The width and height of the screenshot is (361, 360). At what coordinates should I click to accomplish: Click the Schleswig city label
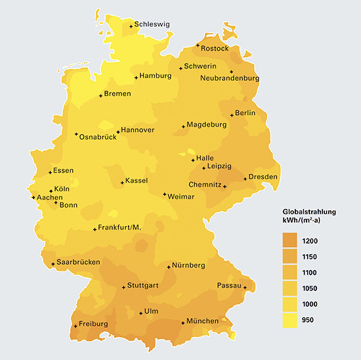pyautogui.click(x=152, y=24)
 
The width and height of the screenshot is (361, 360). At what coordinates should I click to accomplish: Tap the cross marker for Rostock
pyautogui.click(x=198, y=45)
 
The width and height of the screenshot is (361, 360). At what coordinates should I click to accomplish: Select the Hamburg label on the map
pyautogui.click(x=156, y=76)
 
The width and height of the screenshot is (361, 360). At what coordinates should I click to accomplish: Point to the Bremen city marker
pyautogui.click(x=100, y=96)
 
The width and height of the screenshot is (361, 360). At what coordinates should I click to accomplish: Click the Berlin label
pyautogui.click(x=245, y=113)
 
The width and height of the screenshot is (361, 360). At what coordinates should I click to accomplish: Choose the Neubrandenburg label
pyautogui.click(x=230, y=78)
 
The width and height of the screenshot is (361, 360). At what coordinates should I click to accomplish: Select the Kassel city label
pyautogui.click(x=137, y=181)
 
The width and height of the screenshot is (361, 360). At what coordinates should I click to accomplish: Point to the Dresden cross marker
pyautogui.click(x=245, y=179)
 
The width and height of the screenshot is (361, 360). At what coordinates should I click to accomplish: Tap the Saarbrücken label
pyautogui.click(x=77, y=261)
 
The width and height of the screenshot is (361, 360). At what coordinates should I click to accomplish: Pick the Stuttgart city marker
pyautogui.click(x=123, y=287)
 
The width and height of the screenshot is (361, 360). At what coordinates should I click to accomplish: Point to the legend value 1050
pyautogui.click(x=311, y=288)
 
